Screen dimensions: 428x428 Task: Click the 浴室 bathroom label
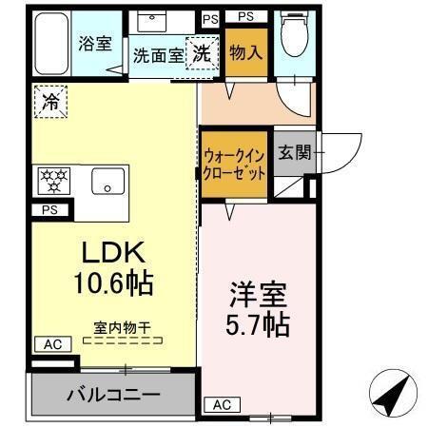click(x=95, y=43)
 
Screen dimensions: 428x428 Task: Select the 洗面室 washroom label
click(x=157, y=55)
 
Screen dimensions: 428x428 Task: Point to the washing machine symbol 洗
click(x=202, y=54)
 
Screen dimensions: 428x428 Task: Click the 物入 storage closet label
click(x=245, y=52)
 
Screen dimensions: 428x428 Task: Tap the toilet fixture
click(x=295, y=38)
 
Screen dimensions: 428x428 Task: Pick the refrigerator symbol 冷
click(x=49, y=102)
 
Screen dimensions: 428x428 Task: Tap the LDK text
click(x=110, y=252)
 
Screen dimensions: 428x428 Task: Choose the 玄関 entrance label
click(x=294, y=151)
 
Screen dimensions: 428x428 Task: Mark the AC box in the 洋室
click(x=221, y=404)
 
